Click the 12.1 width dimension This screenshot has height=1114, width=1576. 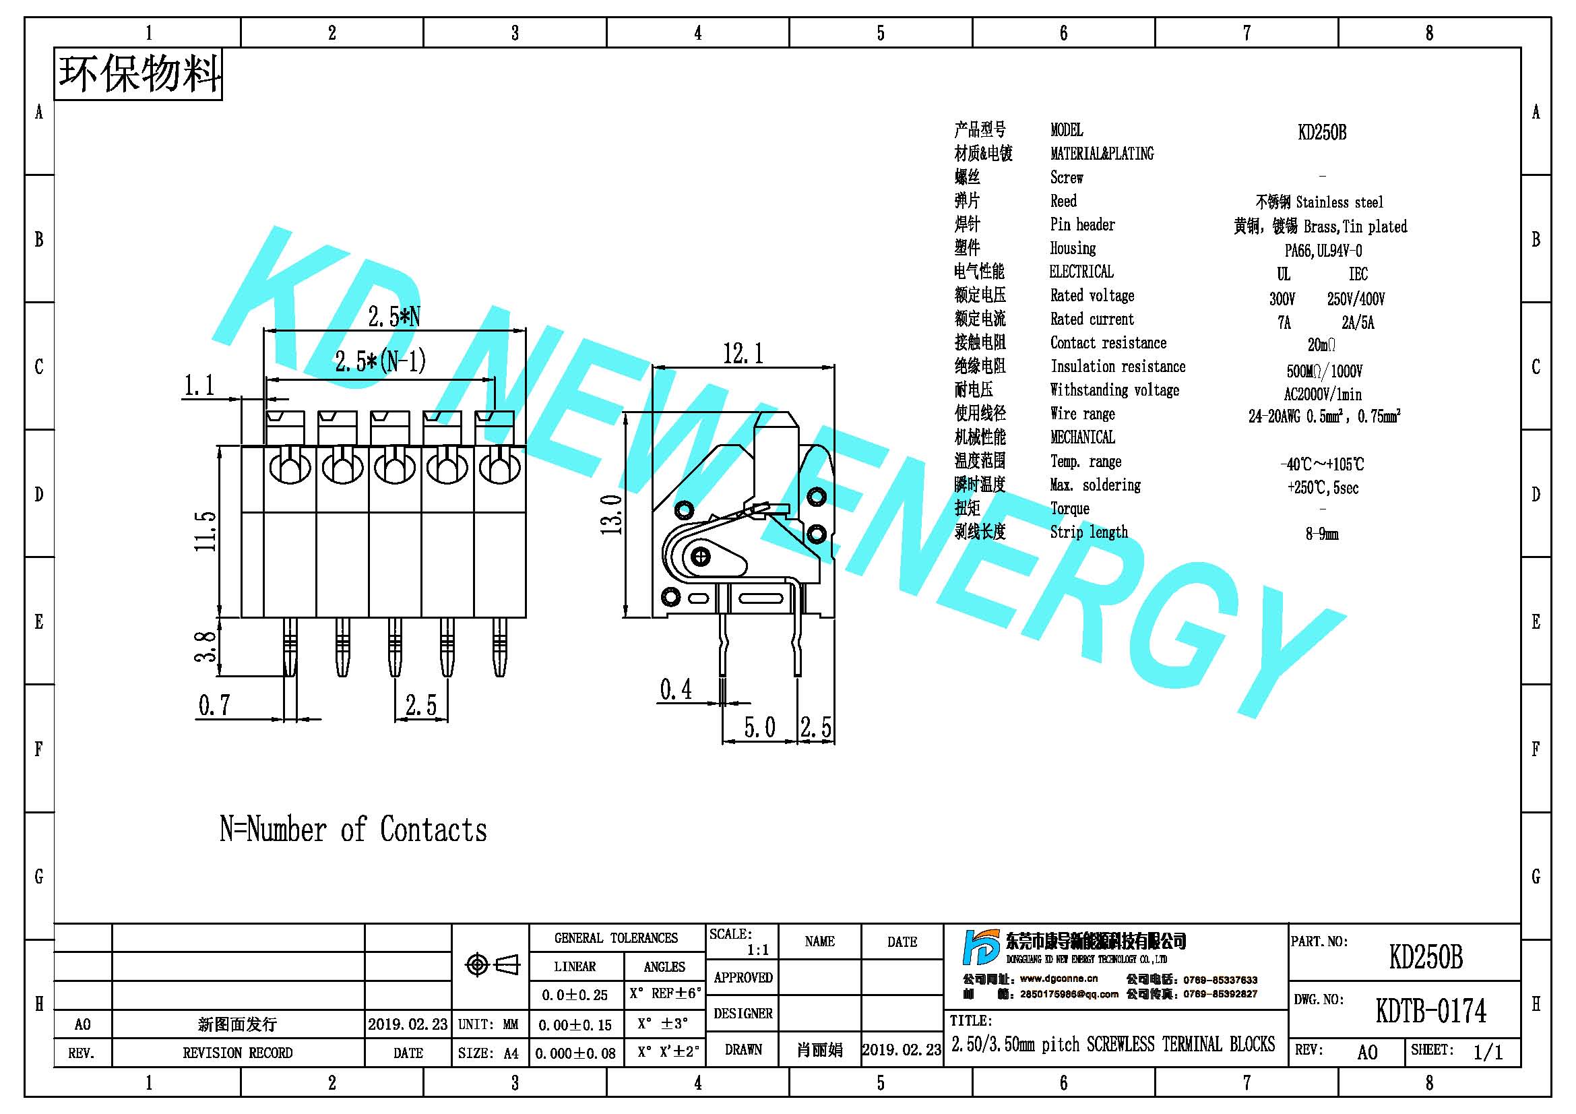[743, 354]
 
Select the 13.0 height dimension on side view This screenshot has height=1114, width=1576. [611, 515]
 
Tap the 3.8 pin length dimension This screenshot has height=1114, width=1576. [206, 646]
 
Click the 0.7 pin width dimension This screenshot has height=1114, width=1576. [214, 705]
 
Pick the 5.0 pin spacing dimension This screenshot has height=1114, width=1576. [760, 727]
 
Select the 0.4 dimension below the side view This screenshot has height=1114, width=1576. [676, 689]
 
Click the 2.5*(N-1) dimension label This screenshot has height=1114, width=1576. [380, 361]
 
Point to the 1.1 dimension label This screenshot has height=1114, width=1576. [199, 385]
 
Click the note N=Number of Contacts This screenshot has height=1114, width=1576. [353, 829]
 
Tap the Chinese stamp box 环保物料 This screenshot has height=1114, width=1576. [138, 74]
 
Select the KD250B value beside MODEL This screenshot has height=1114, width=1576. [1322, 133]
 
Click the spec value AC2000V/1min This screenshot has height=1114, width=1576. [1323, 394]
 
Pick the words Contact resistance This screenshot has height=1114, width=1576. [1108, 342]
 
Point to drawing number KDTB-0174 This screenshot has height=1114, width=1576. [1430, 1011]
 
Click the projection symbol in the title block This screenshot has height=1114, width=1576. [492, 964]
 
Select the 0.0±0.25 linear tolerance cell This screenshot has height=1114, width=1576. [575, 995]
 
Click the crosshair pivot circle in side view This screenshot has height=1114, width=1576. [700, 556]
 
